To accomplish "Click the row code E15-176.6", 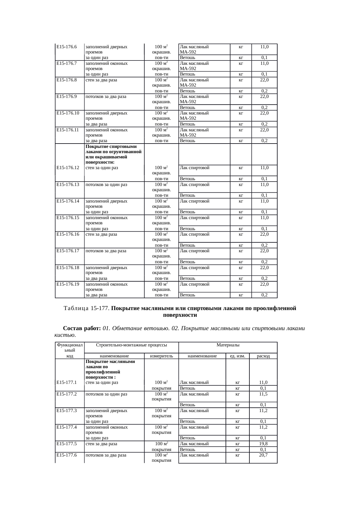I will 66,47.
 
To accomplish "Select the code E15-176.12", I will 68,168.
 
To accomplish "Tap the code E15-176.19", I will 68,284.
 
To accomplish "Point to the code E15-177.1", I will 66,382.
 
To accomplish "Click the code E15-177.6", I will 66,455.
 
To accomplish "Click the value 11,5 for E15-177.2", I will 263,394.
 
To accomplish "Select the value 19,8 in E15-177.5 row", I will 263,444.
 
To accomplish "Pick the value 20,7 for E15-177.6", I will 263,455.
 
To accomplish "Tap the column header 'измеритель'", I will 161,356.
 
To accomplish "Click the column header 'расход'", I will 263,356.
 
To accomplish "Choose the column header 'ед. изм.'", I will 237,356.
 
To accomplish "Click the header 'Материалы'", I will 228,345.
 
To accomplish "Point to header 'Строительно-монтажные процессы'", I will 131,345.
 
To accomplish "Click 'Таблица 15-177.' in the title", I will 87,308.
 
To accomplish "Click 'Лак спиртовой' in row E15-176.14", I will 195,201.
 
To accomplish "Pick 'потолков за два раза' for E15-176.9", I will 106,97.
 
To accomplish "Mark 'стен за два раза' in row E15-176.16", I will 101,234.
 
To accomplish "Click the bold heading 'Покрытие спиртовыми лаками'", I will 111,146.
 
